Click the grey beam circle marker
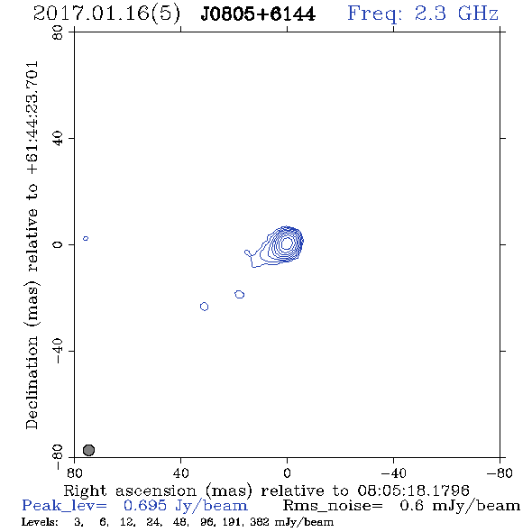pos(88,450)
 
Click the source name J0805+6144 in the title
pos(258,14)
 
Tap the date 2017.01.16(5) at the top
pos(106,14)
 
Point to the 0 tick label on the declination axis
pos(58,244)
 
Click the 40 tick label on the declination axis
pos(58,138)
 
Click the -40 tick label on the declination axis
pos(58,351)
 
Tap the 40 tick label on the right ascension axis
pos(180,473)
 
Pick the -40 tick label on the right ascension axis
pos(393,473)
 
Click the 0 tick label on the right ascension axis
pos(287,473)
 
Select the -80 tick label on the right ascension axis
pos(500,473)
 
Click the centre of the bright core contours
pos(287,243)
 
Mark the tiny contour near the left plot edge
pos(86,239)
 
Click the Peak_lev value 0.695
pos(145,506)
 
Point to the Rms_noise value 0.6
pos(411,506)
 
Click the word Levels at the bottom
pos(40,521)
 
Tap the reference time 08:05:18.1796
pos(413,491)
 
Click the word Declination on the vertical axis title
pos(32,382)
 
